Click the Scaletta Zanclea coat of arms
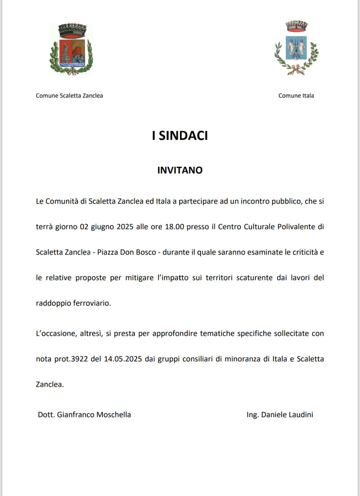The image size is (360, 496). point(71,49)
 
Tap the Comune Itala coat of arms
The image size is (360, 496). point(296,48)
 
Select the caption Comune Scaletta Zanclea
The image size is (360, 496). point(69,96)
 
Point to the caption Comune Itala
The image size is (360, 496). point(296,96)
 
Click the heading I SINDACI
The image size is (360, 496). point(180,136)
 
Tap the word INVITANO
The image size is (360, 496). point(180,170)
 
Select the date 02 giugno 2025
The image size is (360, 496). point(107,227)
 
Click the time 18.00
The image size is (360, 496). point(174,227)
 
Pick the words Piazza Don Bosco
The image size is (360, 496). point(127,252)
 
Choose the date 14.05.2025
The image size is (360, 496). point(123,359)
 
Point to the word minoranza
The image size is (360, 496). point(242,359)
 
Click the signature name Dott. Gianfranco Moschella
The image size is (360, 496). point(84,415)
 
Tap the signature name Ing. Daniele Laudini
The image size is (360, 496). point(280,415)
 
